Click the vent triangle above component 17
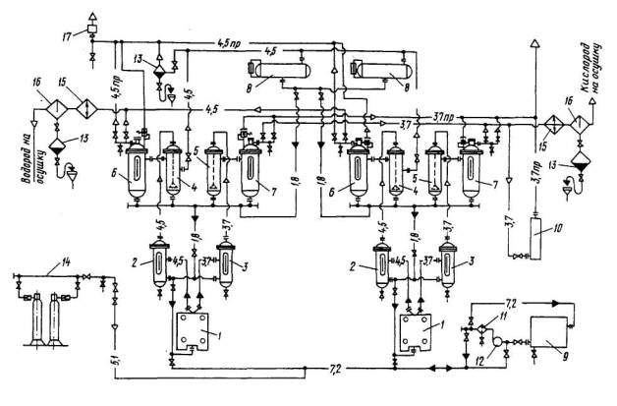91,13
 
